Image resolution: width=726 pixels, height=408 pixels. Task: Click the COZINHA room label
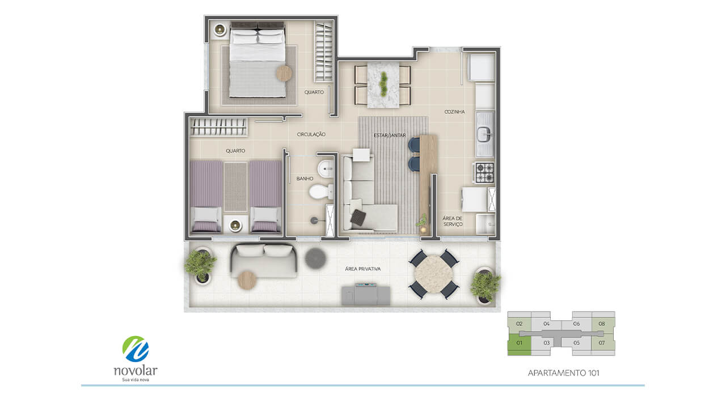(454, 112)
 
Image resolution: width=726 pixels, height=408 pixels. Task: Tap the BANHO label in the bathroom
(305, 178)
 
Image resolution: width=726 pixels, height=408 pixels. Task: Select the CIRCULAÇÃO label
(311, 134)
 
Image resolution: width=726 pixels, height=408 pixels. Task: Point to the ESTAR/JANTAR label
(390, 135)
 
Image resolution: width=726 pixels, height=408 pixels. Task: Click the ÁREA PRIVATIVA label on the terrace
(362, 269)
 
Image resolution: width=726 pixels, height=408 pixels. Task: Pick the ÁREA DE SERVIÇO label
(453, 221)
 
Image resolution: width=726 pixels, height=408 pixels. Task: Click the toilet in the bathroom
(321, 192)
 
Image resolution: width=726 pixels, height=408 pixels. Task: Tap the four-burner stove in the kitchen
(484, 172)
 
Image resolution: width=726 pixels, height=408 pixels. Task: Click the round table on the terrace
(433, 274)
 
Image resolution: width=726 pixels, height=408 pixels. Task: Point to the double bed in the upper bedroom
(258, 59)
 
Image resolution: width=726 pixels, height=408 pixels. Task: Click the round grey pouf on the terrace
(315, 258)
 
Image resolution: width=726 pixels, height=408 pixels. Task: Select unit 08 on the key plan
(602, 324)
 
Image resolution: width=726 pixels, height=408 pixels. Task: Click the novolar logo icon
(136, 348)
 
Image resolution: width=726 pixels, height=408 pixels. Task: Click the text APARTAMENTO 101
(563, 373)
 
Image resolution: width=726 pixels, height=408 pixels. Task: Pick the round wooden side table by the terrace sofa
(247, 280)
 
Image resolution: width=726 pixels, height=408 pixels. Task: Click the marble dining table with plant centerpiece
(383, 85)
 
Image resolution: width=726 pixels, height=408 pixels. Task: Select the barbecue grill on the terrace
(366, 294)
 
